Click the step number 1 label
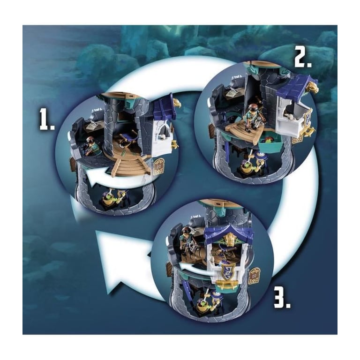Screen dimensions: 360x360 [47, 119]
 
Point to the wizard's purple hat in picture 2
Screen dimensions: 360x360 [260, 154]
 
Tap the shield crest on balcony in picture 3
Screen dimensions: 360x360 [228, 270]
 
